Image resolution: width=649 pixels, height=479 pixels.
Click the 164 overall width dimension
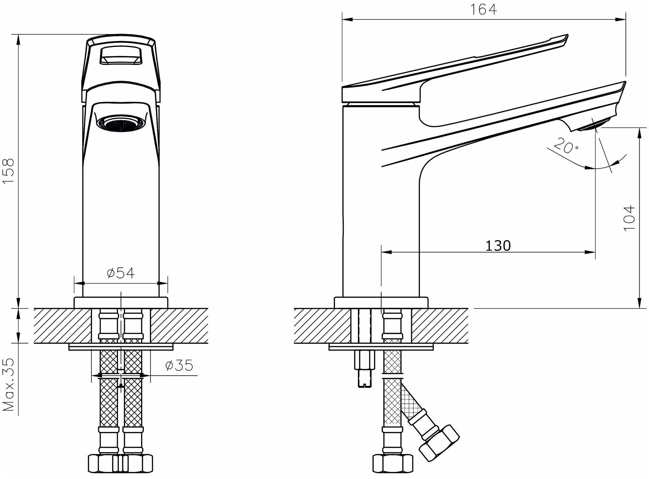[x=484, y=10]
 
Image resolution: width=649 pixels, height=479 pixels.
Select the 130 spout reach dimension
[x=498, y=246]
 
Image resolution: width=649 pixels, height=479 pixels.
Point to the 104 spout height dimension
[x=629, y=218]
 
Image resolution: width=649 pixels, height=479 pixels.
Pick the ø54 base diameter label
[x=121, y=273]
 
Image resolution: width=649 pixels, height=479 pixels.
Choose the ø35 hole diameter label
[x=179, y=365]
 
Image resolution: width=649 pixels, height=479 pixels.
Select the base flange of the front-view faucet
[x=121, y=302]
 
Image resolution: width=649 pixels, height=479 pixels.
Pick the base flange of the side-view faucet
[x=381, y=302]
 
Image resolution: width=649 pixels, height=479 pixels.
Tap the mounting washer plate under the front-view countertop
[x=121, y=347]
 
